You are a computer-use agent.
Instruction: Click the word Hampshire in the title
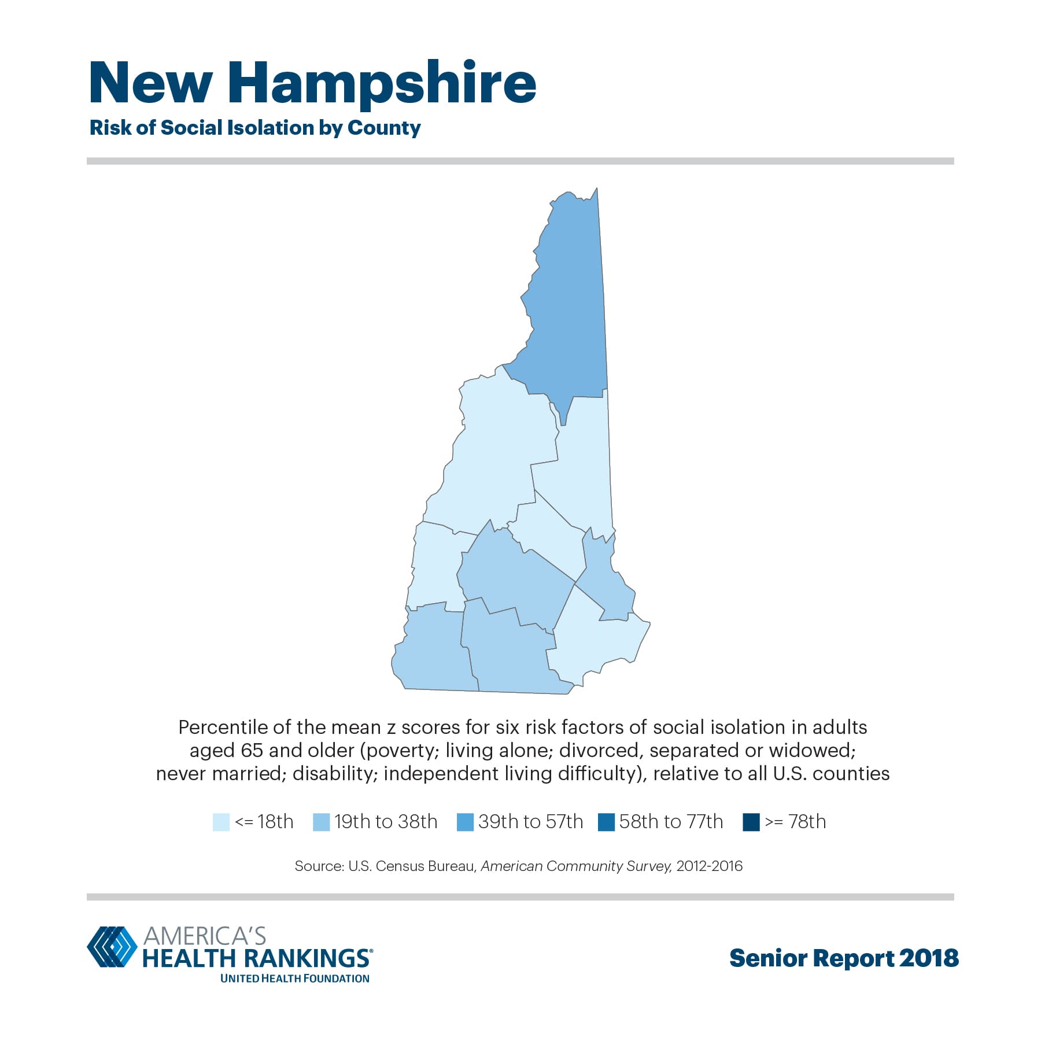(x=382, y=84)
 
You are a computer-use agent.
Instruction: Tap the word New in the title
(x=151, y=83)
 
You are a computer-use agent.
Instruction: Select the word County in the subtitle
(x=384, y=128)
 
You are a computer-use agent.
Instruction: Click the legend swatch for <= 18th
(x=221, y=822)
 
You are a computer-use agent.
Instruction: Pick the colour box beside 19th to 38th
(x=321, y=822)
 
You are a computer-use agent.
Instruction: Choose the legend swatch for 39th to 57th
(x=465, y=822)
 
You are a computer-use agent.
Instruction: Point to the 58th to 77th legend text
(x=671, y=822)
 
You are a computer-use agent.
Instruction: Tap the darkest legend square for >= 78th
(x=751, y=822)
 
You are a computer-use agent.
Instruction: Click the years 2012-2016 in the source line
(x=709, y=866)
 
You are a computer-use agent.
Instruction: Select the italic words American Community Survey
(x=576, y=866)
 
